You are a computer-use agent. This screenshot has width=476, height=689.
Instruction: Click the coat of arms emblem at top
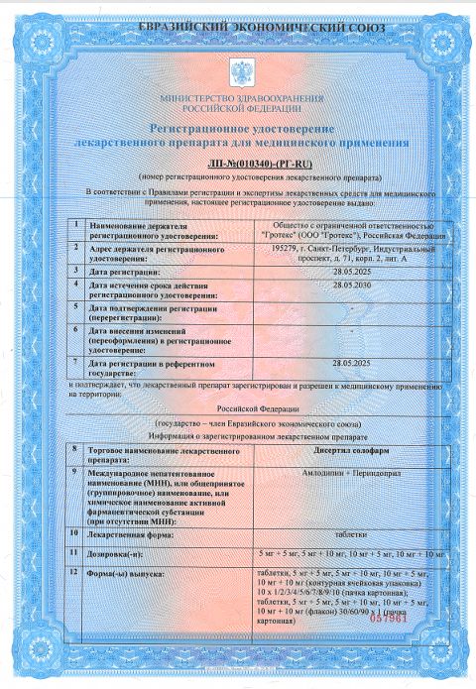click(238, 72)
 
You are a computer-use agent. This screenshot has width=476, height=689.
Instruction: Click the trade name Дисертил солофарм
click(351, 449)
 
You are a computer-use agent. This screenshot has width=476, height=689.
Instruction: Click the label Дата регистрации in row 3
click(124, 270)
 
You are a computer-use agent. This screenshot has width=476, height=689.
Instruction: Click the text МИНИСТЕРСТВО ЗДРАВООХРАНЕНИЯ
click(238, 100)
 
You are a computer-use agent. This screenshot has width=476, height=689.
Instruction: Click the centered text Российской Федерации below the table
click(238, 406)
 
